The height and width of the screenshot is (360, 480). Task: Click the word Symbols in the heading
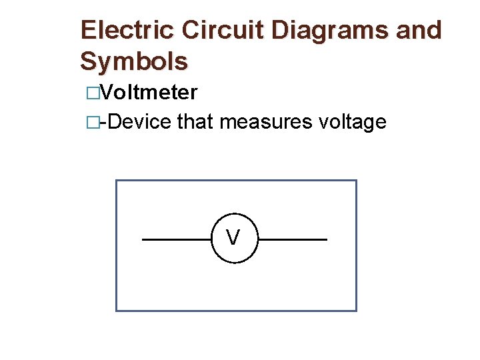click(x=134, y=62)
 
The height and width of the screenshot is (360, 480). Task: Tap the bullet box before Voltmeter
click(x=92, y=93)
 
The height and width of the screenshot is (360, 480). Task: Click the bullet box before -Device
click(x=92, y=123)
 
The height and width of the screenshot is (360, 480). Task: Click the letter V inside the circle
click(x=233, y=237)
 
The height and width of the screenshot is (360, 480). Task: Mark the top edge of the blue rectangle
click(x=236, y=181)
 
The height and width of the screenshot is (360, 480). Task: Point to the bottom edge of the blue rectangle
click(x=236, y=311)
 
